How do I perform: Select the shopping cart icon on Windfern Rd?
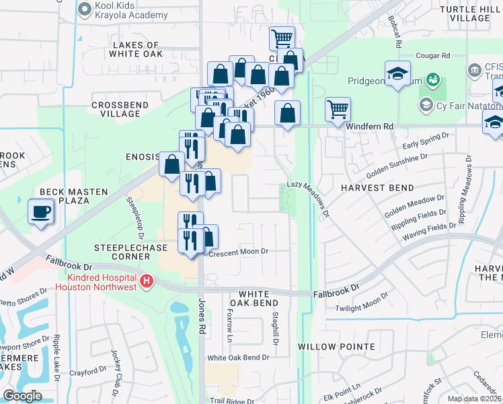(337, 109)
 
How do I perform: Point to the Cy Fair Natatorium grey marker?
(425, 105)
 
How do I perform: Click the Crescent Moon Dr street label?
(239, 251)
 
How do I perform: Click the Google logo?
(22, 396)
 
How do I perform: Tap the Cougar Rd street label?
(433, 56)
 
